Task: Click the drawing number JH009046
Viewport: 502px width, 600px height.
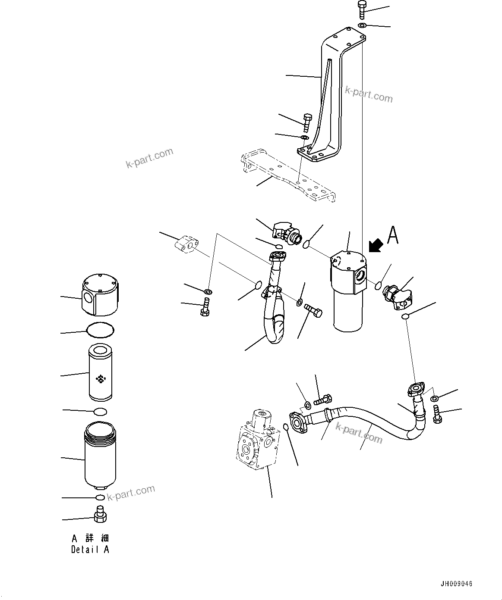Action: pos(456,584)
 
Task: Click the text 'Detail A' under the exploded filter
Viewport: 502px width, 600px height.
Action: pos(90,550)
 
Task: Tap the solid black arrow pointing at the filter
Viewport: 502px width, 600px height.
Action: pos(376,246)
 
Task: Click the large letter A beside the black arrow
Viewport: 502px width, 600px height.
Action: pos(392,235)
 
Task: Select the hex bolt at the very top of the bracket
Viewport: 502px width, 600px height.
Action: pos(361,9)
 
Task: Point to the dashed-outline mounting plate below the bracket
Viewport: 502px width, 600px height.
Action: pos(289,177)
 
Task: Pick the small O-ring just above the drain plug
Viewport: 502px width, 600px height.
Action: pos(100,498)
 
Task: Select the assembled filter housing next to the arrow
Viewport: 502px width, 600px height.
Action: pos(349,293)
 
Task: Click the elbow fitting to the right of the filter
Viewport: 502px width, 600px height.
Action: pos(399,297)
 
